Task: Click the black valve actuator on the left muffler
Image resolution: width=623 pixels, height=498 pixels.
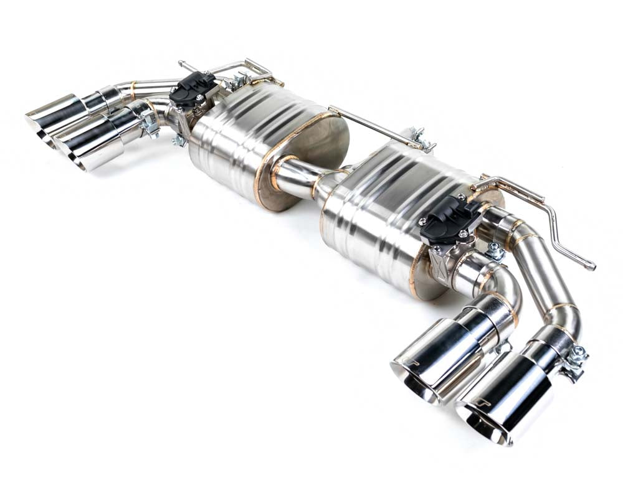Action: pos(193,88)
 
